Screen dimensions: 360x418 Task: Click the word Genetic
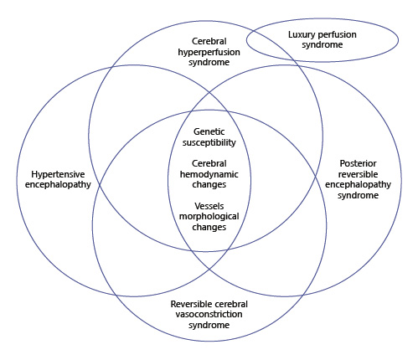click(209, 132)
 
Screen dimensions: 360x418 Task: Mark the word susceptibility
click(209, 143)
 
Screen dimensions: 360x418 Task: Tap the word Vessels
click(209, 205)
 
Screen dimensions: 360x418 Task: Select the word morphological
click(209, 216)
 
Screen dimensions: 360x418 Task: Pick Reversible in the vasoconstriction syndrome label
click(190, 303)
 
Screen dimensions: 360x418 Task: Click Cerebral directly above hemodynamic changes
click(209, 163)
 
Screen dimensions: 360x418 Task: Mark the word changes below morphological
click(209, 227)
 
